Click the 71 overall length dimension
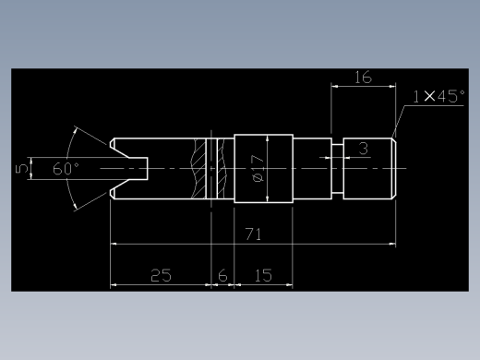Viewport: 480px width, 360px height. tap(253, 234)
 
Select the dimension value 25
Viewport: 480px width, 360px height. tap(161, 275)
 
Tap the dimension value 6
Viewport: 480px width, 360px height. tap(222, 275)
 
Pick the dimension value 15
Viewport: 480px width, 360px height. tap(264, 275)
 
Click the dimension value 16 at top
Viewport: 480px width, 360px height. tap(364, 78)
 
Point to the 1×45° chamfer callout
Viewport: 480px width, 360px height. tap(438, 96)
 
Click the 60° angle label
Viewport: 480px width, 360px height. tap(66, 169)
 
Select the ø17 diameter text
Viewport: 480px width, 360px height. tap(258, 169)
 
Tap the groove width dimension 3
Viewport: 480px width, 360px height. tap(364, 149)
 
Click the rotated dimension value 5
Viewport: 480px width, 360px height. tap(22, 169)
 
